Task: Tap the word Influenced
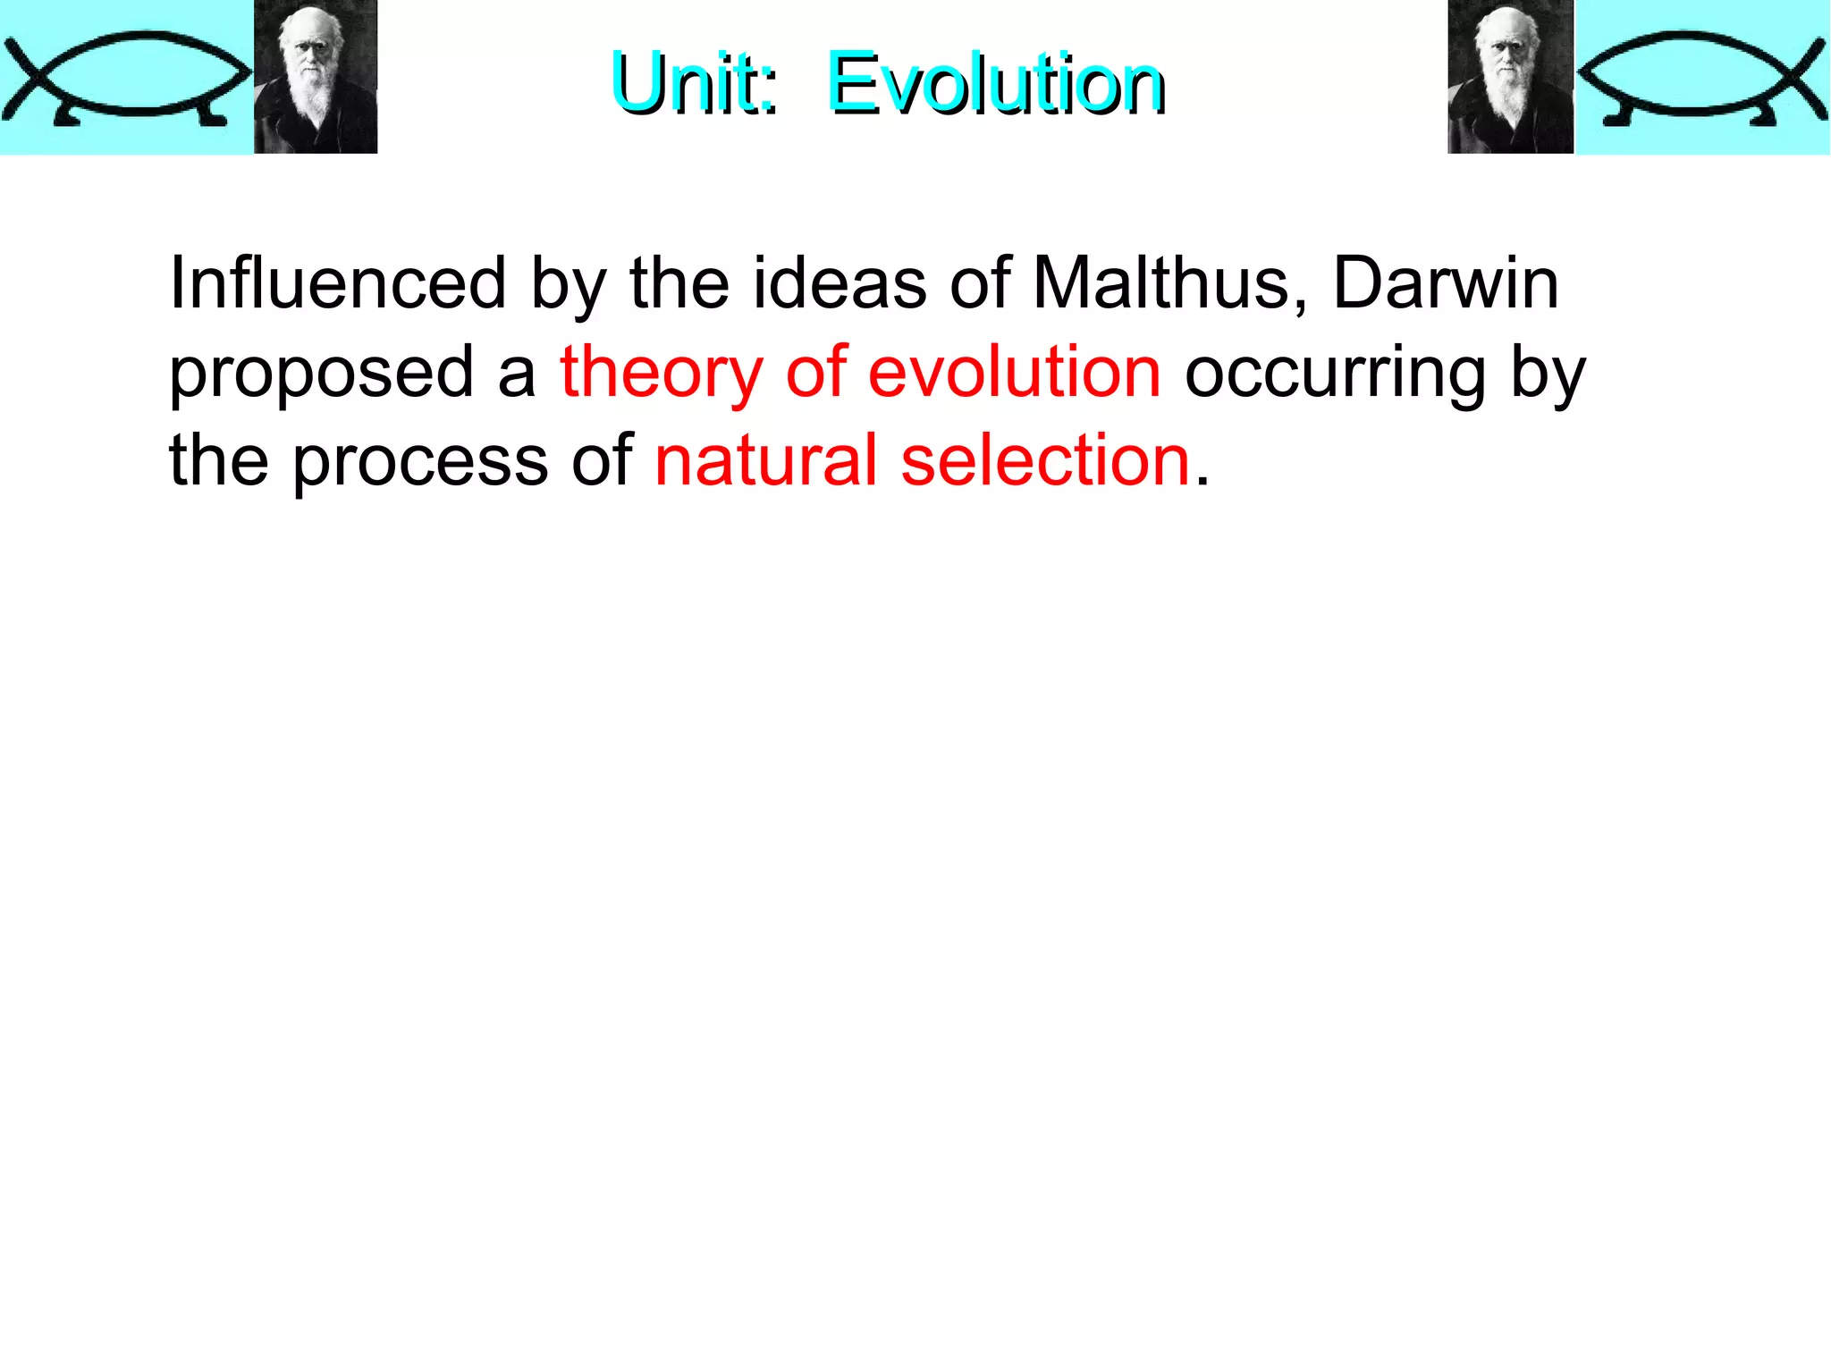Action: point(338,283)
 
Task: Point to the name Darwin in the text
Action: point(1446,283)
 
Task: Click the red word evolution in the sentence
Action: point(1015,372)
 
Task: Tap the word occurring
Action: point(1335,374)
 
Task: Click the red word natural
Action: point(765,460)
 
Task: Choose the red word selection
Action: point(1045,460)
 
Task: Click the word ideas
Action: point(840,283)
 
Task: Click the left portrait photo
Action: point(316,77)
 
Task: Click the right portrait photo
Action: point(1510,77)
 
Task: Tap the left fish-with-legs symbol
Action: point(125,78)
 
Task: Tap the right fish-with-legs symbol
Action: point(1701,78)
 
